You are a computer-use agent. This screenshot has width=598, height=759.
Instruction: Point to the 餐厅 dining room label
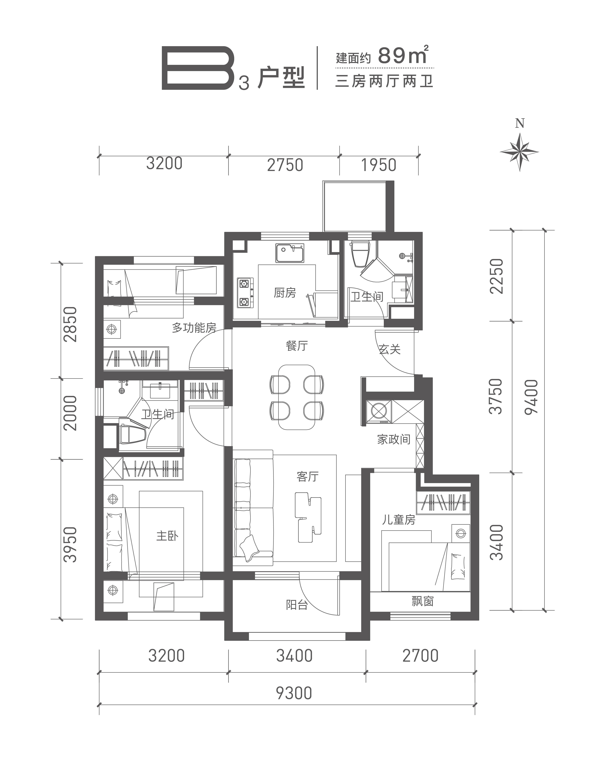297,346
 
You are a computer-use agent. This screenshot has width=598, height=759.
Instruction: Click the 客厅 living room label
307,477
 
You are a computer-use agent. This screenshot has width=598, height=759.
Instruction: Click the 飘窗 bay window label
423,601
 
